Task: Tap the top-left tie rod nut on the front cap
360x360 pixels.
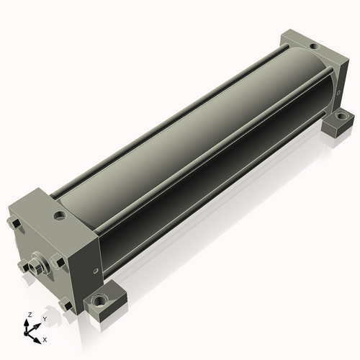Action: (14, 222)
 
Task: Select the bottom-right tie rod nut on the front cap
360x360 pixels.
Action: (66, 305)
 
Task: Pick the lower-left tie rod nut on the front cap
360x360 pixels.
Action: (24, 266)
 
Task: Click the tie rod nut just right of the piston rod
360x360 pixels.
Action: (58, 261)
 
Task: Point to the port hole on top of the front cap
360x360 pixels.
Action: (60, 216)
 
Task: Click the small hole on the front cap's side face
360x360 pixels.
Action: (96, 271)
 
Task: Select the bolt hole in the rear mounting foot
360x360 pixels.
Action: (341, 117)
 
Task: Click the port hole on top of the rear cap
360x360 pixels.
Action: (313, 46)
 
